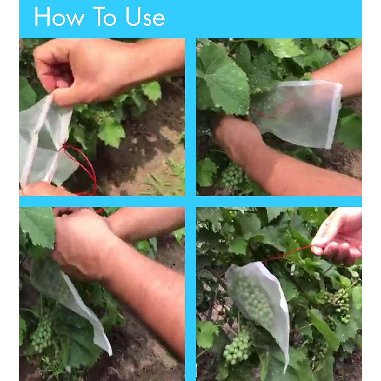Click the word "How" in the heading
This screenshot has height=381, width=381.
pos(59,17)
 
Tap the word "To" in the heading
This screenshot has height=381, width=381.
pos(104,17)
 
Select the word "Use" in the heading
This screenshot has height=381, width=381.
pos(145,17)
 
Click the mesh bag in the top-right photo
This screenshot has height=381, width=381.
pos(297,113)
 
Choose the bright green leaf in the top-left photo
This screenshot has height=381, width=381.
pos(111,130)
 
